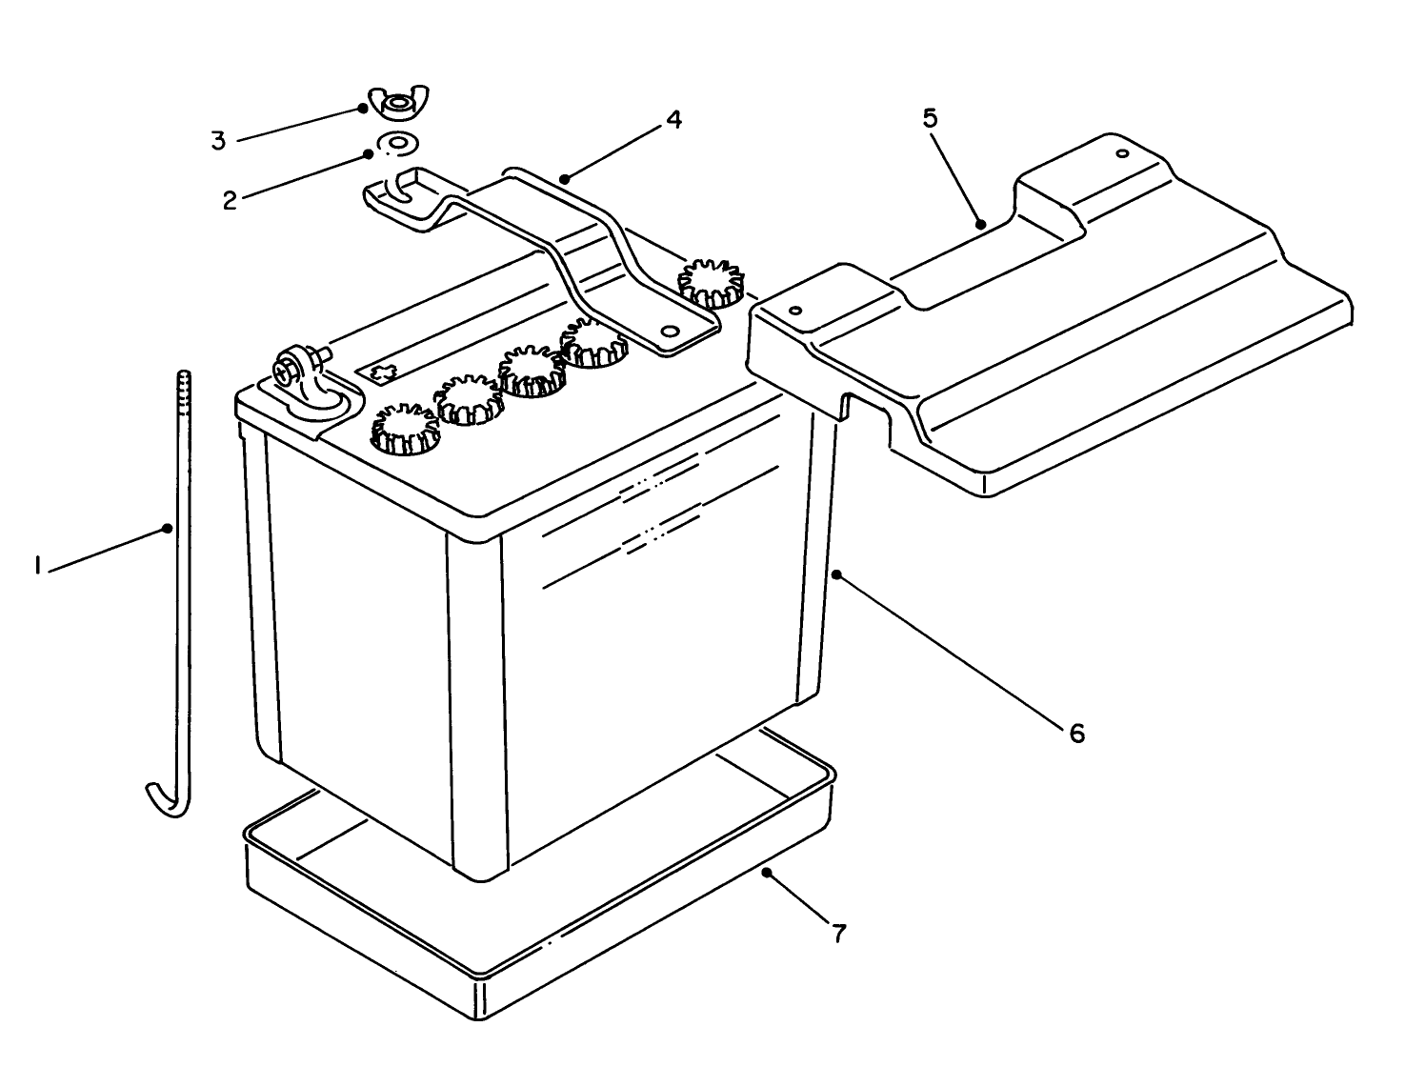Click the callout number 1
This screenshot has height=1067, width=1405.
click(x=37, y=568)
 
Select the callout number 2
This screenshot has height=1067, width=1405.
click(x=230, y=200)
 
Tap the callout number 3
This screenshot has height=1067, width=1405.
click(x=218, y=141)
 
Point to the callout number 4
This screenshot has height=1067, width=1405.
click(x=673, y=120)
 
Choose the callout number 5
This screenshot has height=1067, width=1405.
click(x=930, y=118)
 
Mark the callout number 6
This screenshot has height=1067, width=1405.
click(x=1076, y=733)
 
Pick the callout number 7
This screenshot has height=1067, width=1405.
click(x=838, y=933)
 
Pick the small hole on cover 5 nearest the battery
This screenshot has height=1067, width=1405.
click(x=796, y=311)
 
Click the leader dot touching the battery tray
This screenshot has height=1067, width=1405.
click(x=766, y=872)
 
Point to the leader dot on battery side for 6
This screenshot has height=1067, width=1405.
click(x=835, y=574)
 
